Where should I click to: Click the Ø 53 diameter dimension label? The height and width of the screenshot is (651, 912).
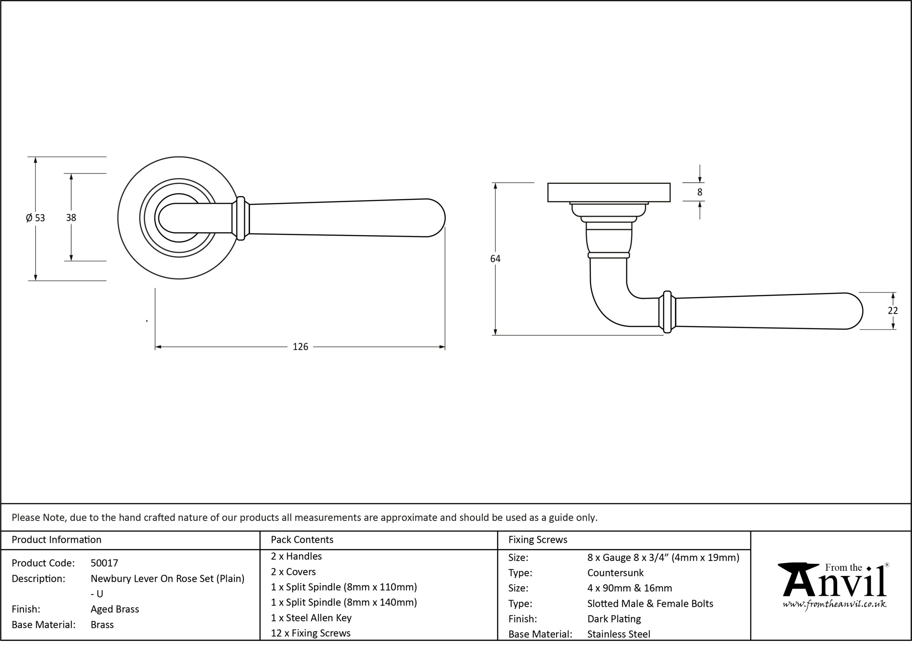(x=35, y=218)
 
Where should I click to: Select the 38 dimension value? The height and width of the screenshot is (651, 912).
(x=71, y=218)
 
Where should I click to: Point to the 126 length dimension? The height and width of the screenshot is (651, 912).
(x=300, y=347)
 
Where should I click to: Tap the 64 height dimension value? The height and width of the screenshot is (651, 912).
(x=495, y=259)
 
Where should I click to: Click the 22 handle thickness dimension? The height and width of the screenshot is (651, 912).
(x=893, y=311)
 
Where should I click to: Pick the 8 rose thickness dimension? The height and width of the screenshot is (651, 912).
(x=700, y=192)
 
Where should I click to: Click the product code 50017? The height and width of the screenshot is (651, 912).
(x=104, y=563)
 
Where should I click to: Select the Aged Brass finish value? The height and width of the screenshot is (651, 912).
(x=115, y=609)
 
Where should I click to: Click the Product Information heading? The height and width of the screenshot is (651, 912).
(x=57, y=540)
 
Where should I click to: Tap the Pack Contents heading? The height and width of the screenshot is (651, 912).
(x=302, y=540)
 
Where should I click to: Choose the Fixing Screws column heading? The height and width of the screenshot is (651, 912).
(x=538, y=540)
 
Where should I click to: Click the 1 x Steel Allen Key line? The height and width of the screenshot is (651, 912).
(x=311, y=618)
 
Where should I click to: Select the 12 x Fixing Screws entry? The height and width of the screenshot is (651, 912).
(x=311, y=633)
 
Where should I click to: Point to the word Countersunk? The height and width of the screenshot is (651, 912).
(x=615, y=573)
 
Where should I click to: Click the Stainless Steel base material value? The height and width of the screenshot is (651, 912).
(x=618, y=634)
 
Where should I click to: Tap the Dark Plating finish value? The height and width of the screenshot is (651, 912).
(x=614, y=619)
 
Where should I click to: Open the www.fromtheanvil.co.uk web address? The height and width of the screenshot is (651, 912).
(x=834, y=604)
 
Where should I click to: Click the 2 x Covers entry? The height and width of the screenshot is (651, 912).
(x=293, y=572)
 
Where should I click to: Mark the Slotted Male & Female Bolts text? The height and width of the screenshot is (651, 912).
(x=650, y=604)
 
